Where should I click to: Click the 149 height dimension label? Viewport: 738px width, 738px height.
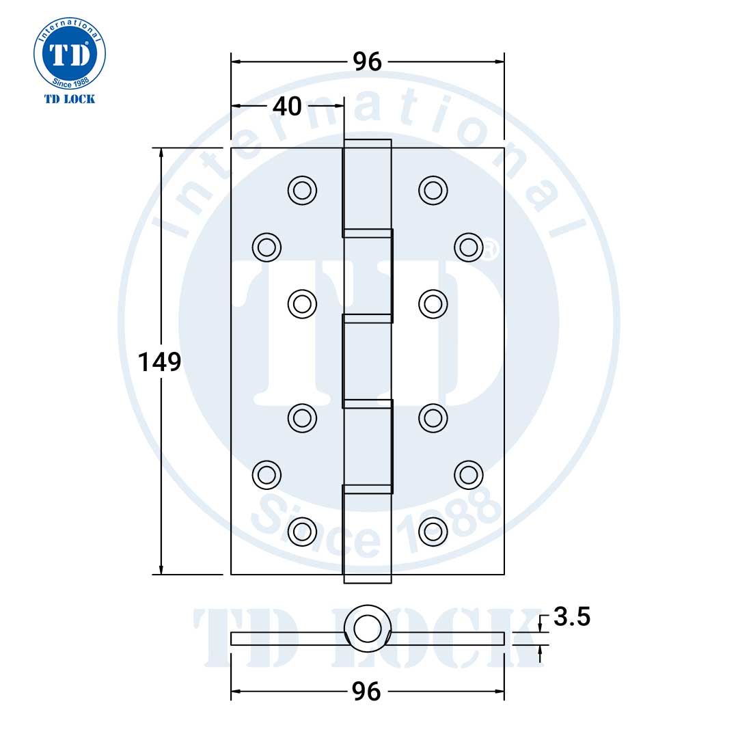pyautogui.click(x=159, y=361)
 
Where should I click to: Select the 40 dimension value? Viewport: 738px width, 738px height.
pyautogui.click(x=287, y=106)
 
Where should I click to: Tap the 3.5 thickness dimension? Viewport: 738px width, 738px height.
pyautogui.click(x=572, y=617)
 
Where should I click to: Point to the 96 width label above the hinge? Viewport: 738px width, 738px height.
pyautogui.click(x=367, y=61)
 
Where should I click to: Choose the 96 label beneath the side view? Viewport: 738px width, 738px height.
pyautogui.click(x=367, y=692)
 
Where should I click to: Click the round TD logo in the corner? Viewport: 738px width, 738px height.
pyautogui.click(x=70, y=52)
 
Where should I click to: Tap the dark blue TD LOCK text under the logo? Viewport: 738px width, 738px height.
pyautogui.click(x=70, y=99)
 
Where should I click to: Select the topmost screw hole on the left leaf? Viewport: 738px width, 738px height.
pyautogui.click(x=302, y=189)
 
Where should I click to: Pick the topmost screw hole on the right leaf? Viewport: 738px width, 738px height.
pyautogui.click(x=433, y=189)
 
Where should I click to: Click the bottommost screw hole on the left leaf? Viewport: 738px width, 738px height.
pyautogui.click(x=302, y=530)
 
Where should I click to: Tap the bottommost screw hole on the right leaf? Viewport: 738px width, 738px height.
pyautogui.click(x=433, y=530)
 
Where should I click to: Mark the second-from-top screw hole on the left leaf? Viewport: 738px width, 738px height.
pyautogui.click(x=266, y=246)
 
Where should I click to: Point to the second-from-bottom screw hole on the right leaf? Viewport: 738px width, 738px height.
pyautogui.click(x=467, y=474)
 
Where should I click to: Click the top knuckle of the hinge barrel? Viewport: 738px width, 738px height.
pyautogui.click(x=367, y=184)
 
